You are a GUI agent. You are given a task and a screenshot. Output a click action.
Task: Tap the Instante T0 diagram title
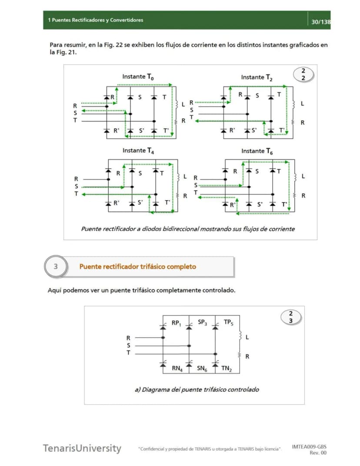click(x=138, y=77)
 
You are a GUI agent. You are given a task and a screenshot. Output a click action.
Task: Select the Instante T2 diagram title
click(x=257, y=77)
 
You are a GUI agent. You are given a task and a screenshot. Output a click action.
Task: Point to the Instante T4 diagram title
click(x=138, y=151)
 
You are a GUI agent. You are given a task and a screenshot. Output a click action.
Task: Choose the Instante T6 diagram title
click(x=257, y=151)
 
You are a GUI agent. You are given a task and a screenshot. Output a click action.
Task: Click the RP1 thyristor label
click(x=177, y=323)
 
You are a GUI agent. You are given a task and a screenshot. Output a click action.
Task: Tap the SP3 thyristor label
click(x=202, y=322)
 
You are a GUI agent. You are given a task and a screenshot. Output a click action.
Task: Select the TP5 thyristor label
click(x=228, y=322)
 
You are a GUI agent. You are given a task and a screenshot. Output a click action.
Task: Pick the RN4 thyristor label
click(x=177, y=369)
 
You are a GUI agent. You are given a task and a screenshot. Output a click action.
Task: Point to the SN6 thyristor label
click(x=202, y=369)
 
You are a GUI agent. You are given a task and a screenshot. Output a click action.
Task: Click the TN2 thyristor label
click(x=227, y=369)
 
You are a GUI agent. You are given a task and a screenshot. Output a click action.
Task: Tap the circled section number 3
click(x=56, y=266)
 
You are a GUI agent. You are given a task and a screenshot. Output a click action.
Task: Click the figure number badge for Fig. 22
click(x=303, y=74)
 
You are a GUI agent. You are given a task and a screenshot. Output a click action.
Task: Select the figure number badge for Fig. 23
click(x=291, y=317)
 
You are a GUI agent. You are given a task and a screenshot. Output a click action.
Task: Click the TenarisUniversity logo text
click(x=82, y=448)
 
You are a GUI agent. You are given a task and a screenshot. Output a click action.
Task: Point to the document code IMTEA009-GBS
click(x=309, y=447)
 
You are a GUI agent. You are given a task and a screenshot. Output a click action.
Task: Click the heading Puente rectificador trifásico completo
click(x=137, y=267)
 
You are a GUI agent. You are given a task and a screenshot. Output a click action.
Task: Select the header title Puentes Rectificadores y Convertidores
click(x=97, y=20)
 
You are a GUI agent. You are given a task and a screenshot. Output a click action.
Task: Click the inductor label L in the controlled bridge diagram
click(x=247, y=337)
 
